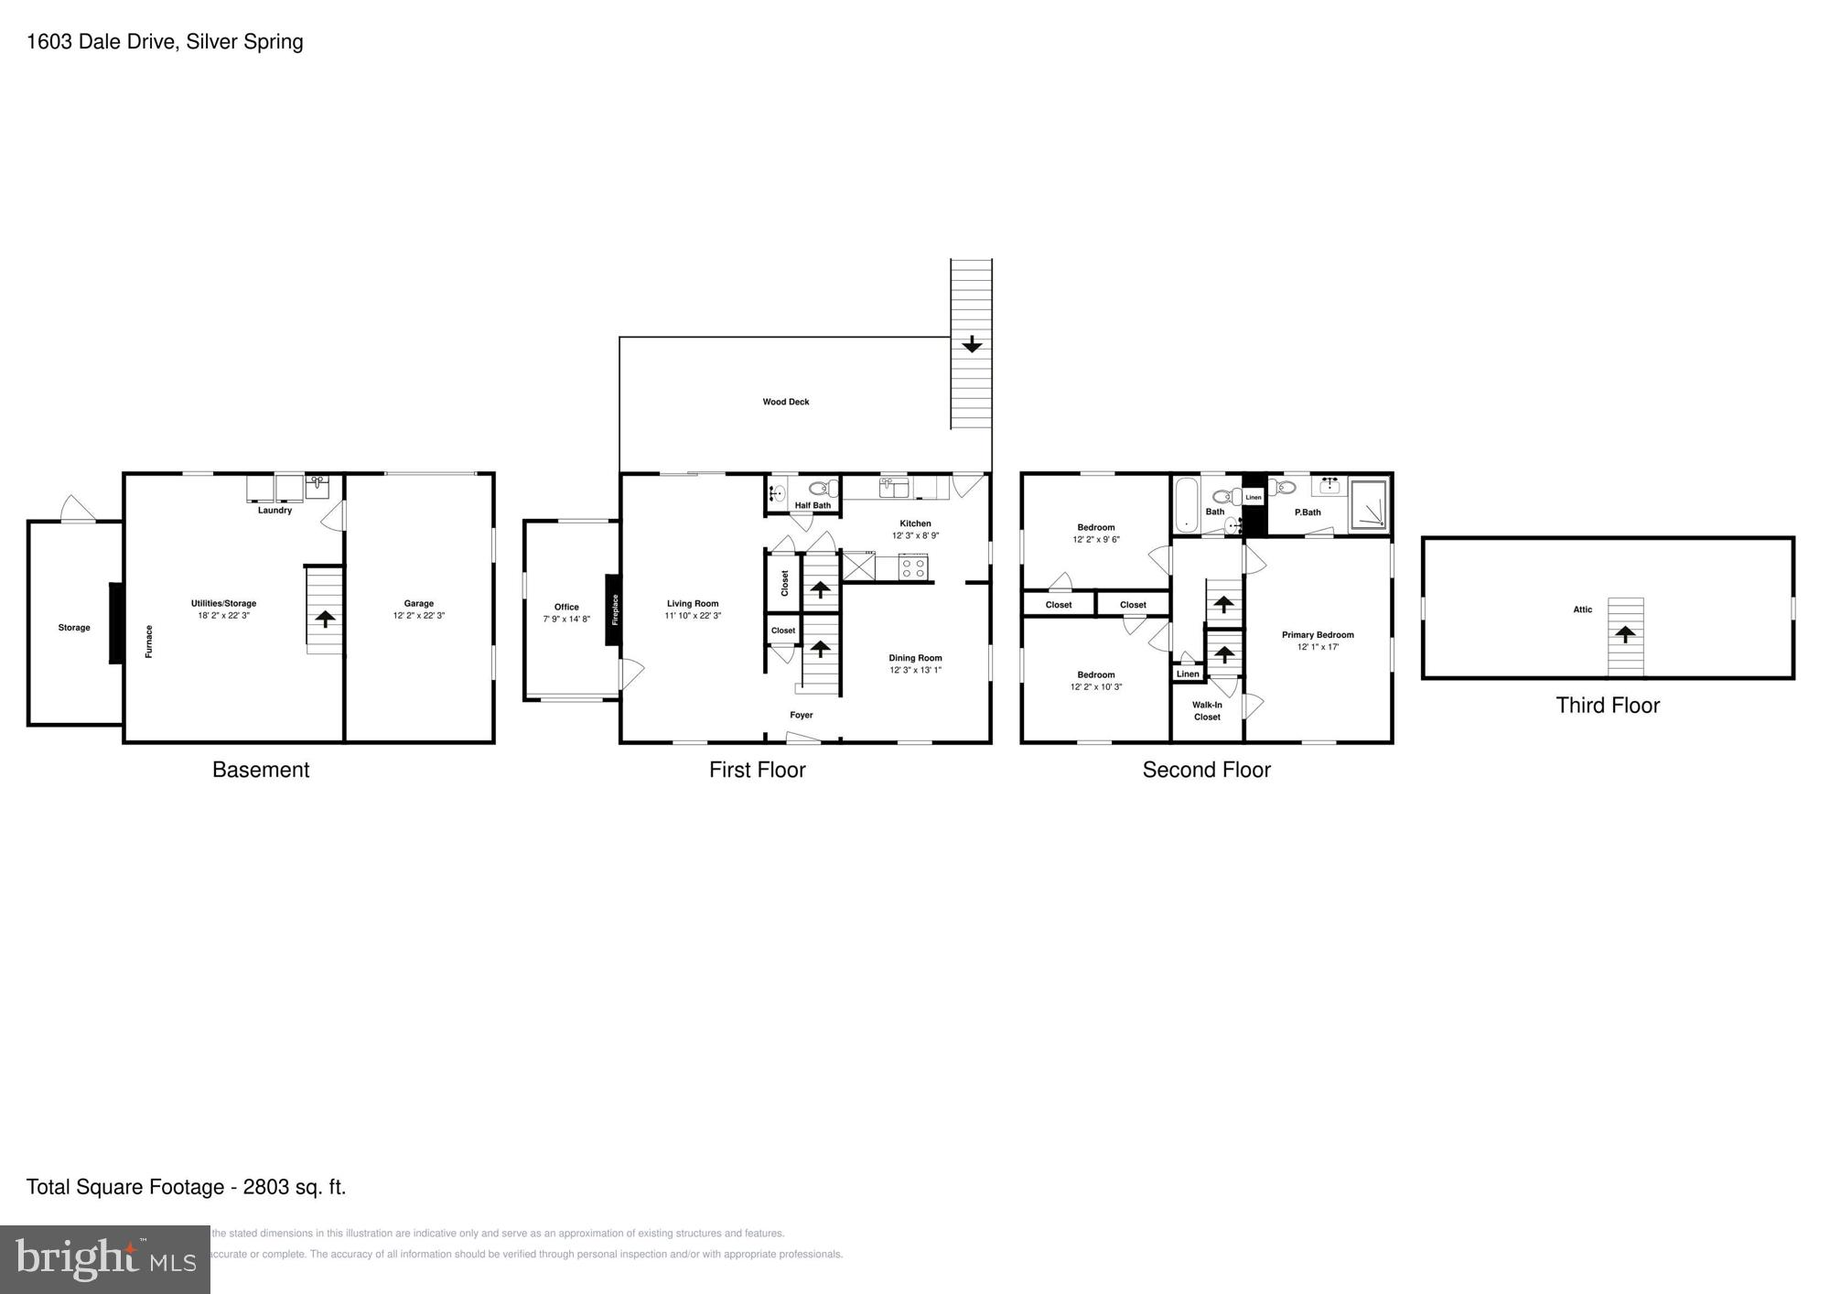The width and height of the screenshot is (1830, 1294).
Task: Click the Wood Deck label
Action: click(785, 402)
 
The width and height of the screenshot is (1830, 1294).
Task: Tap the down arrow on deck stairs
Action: click(971, 345)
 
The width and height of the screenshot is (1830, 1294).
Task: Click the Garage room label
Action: click(418, 603)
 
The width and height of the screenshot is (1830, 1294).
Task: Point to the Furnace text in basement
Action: click(149, 641)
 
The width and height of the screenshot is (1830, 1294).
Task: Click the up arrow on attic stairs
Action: click(1624, 633)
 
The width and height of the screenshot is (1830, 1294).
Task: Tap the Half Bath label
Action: click(813, 505)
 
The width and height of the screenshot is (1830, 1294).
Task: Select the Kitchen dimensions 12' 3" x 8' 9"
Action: click(915, 535)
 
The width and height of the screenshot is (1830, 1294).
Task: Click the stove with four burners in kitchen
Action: click(912, 567)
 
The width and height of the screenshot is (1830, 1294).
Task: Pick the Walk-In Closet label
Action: click(1206, 711)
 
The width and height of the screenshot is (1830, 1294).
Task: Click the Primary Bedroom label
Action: click(1317, 634)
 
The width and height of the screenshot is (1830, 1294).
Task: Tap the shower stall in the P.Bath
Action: click(1369, 505)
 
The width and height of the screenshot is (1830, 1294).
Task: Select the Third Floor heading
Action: click(1607, 706)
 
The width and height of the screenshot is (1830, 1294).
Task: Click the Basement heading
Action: click(260, 770)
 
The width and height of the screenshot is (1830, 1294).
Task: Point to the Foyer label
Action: click(801, 715)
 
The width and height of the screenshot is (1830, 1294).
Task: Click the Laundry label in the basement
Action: click(274, 511)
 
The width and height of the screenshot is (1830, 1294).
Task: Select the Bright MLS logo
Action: click(104, 1259)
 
